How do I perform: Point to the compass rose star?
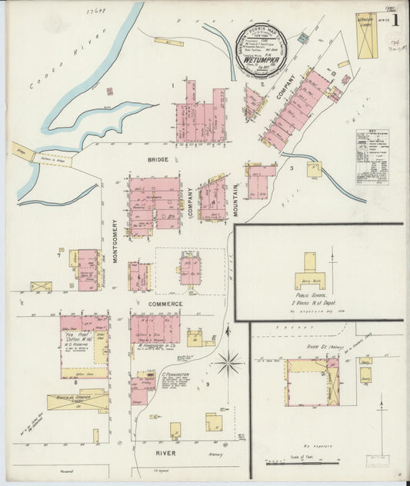[229, 361]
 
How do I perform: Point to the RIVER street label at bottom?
[166, 453]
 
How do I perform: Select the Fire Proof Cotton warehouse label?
[79, 339]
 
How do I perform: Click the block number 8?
[55, 381]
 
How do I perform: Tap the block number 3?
[292, 168]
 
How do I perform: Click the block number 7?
[58, 251]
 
